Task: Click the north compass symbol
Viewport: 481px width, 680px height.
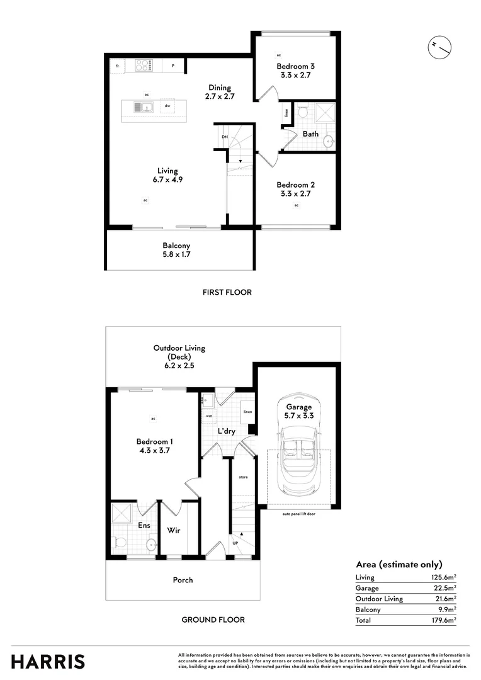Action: coord(439,47)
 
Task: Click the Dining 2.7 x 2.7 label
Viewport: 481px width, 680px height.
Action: coord(219,92)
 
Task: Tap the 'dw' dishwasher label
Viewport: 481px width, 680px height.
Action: coord(167,106)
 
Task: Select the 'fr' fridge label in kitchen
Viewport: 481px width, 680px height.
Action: coord(117,65)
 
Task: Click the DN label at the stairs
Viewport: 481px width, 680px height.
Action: coord(224,137)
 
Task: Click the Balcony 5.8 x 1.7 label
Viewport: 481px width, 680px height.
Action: coord(176,250)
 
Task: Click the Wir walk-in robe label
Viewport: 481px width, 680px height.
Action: coord(174,531)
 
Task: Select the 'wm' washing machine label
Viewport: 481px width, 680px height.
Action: coord(208,416)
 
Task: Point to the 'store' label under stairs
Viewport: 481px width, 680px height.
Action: coord(243,477)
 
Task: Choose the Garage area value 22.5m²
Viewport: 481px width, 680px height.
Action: coord(444,588)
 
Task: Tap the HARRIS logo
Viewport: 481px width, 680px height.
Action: coord(48,662)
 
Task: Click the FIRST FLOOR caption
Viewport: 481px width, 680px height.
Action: coord(227,292)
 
